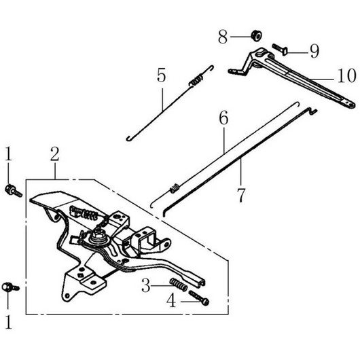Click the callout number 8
pyautogui.click(x=223, y=37)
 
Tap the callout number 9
pyautogui.click(x=314, y=51)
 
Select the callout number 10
pyautogui.click(x=347, y=75)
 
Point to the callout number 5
pyautogui.click(x=161, y=75)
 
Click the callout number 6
pyautogui.click(x=223, y=118)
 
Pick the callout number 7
pyautogui.click(x=241, y=195)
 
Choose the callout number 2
pyautogui.click(x=55, y=154)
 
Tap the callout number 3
pyautogui.click(x=146, y=285)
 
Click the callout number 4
pyautogui.click(x=171, y=301)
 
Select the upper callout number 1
pyautogui.click(x=8, y=154)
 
